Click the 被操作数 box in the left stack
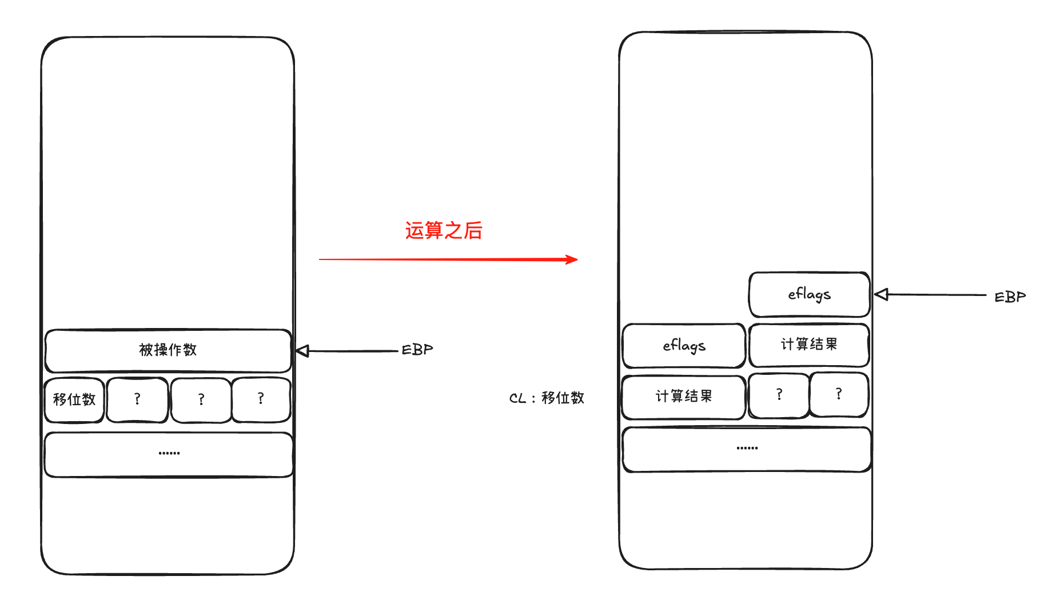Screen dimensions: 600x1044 168,350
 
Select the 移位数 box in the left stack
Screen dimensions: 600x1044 74,399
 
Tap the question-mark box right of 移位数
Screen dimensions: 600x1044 137,399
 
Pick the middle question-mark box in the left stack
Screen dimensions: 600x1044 201,399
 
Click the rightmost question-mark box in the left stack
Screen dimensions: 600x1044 261,399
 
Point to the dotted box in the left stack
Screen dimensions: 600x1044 169,454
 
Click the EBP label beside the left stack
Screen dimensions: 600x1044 417,350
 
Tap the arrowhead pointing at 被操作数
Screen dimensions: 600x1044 302,351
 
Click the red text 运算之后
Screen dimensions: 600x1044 444,231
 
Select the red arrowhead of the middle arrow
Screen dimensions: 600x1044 571,260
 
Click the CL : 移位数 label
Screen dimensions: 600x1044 547,398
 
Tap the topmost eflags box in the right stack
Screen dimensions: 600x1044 809,294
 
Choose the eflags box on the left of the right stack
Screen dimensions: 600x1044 684,346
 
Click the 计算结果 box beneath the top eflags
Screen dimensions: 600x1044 809,345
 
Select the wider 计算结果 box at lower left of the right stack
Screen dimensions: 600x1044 684,397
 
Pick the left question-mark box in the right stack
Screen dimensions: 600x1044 779,395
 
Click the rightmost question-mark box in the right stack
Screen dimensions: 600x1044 839,394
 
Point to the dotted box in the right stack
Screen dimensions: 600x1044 747,449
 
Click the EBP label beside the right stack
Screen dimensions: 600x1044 1010,297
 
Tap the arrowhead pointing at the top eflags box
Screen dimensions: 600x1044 881,294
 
